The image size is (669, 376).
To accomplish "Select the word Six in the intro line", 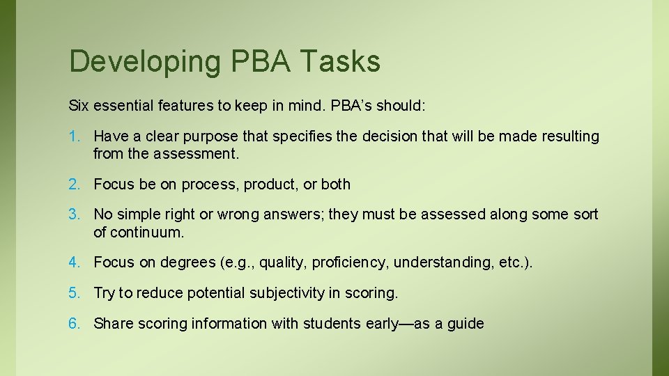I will [79, 107].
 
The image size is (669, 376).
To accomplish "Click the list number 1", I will [74, 136].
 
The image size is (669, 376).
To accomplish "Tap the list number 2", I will [74, 185].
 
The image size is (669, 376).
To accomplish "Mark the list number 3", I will [74, 214].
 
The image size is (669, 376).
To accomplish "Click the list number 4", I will [74, 263].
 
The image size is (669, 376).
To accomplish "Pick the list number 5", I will [74, 293].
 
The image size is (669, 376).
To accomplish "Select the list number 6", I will [74, 324].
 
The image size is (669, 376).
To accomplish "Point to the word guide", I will [465, 324].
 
